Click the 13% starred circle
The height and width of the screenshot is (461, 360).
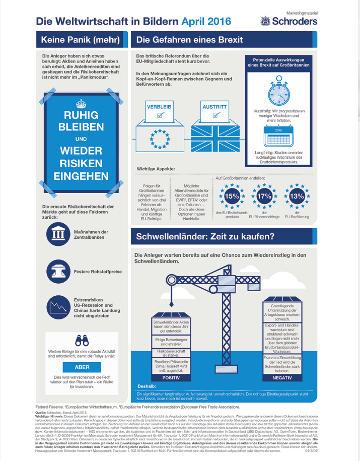[x=297, y=196]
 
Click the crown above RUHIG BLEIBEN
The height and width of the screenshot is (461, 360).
[x=81, y=104]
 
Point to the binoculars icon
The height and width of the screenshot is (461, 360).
[x=82, y=340]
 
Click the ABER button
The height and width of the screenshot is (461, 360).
[x=82, y=367]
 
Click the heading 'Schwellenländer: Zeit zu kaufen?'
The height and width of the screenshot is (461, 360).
[x=203, y=236]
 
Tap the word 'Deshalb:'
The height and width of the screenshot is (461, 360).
[x=146, y=386]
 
